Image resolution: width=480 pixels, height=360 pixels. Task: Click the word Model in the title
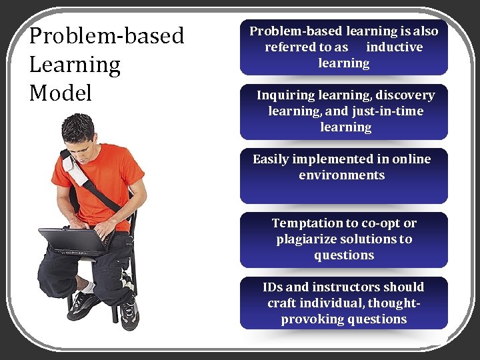(x=61, y=93)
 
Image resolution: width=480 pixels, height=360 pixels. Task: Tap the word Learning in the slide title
(x=75, y=65)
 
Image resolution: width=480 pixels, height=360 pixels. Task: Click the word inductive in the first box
(x=394, y=47)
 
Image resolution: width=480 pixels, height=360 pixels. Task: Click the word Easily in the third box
(x=273, y=159)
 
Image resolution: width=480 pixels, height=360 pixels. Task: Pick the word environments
(x=341, y=175)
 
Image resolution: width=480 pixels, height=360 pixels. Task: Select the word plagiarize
(x=308, y=239)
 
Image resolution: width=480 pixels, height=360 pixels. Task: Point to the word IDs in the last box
(x=273, y=287)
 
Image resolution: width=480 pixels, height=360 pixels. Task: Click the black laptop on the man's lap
(x=73, y=240)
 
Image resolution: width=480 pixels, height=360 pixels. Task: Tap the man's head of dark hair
(x=77, y=127)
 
